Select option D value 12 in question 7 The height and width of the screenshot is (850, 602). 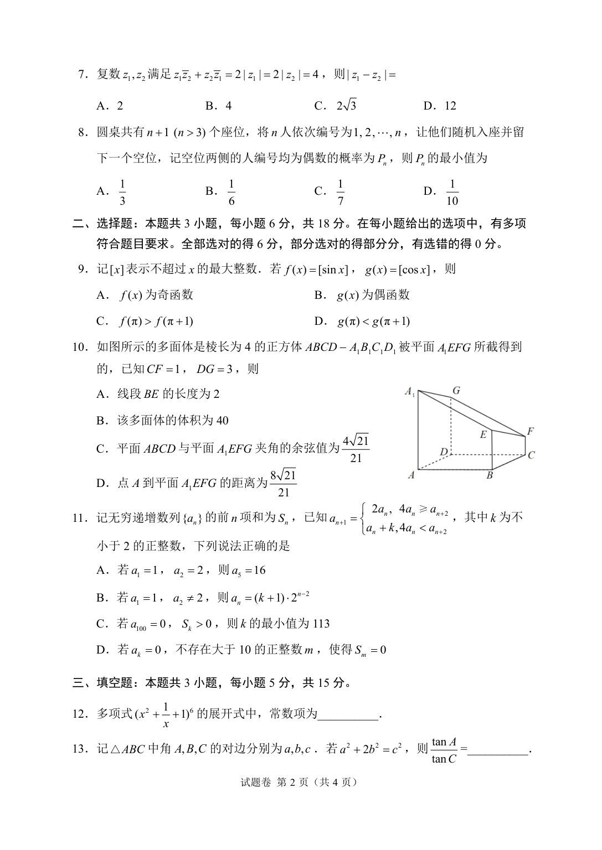pyautogui.click(x=447, y=106)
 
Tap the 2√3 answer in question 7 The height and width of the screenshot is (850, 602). pyautogui.click(x=346, y=105)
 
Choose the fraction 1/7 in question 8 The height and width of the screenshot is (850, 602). pyautogui.click(x=340, y=191)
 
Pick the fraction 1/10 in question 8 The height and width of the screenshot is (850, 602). pyautogui.click(x=452, y=191)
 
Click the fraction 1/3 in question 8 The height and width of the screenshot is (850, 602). pyautogui.click(x=122, y=191)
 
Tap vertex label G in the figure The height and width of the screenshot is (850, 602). pyautogui.click(x=456, y=391)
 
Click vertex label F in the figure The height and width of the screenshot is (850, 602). pyautogui.click(x=530, y=431)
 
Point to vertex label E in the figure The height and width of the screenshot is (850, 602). pyautogui.click(x=483, y=434)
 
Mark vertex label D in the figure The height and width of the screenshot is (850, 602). pyautogui.click(x=444, y=452)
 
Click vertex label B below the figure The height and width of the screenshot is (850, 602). pyautogui.click(x=490, y=475)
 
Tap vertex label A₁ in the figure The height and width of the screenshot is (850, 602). pyautogui.click(x=410, y=392)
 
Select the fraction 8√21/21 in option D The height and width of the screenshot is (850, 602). pyautogui.click(x=284, y=483)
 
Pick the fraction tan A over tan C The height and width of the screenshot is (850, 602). pyautogui.click(x=444, y=750)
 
